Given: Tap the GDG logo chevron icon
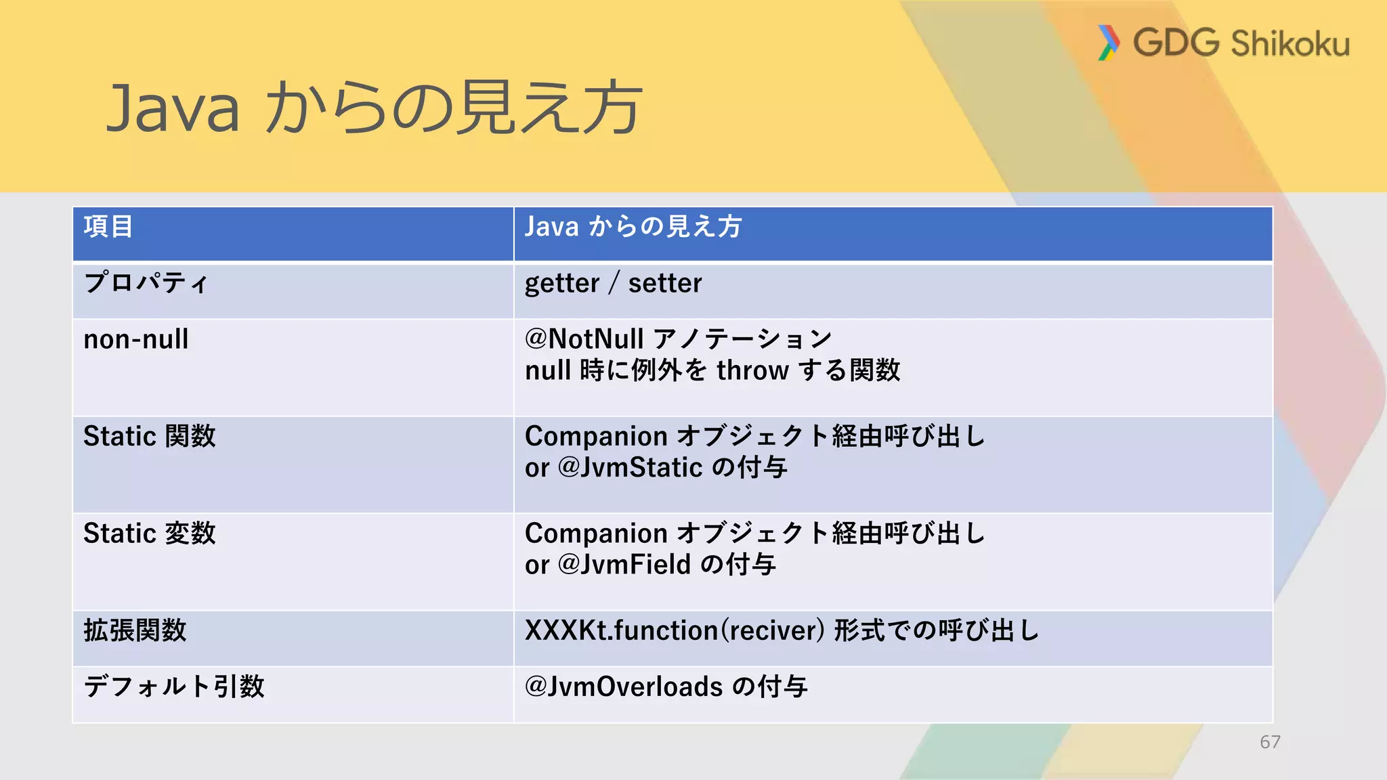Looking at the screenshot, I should (1108, 43).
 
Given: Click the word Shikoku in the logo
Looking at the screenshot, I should (1290, 44).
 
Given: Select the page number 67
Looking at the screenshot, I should (1270, 742).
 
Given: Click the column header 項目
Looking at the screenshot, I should (108, 227).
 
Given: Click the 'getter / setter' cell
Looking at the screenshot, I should (613, 283).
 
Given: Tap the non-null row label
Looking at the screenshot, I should (136, 339).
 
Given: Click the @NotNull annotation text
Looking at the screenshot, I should (584, 339).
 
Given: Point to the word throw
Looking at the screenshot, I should (752, 370).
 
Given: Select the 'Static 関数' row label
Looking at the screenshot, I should (150, 436).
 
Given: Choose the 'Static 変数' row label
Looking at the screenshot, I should (150, 534).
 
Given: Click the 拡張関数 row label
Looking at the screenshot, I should (135, 630).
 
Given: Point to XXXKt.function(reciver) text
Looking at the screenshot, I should (675, 630).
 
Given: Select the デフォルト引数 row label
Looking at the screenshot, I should (174, 687).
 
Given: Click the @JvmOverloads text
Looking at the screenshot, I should (624, 687).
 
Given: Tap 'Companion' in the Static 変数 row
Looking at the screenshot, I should (596, 534).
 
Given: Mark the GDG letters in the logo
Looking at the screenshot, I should (1176, 43).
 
